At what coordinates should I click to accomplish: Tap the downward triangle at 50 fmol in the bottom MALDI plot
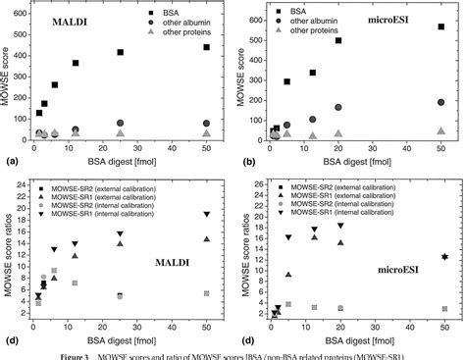coord(207,215)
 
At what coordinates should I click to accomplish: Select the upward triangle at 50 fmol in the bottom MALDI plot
coord(207,238)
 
